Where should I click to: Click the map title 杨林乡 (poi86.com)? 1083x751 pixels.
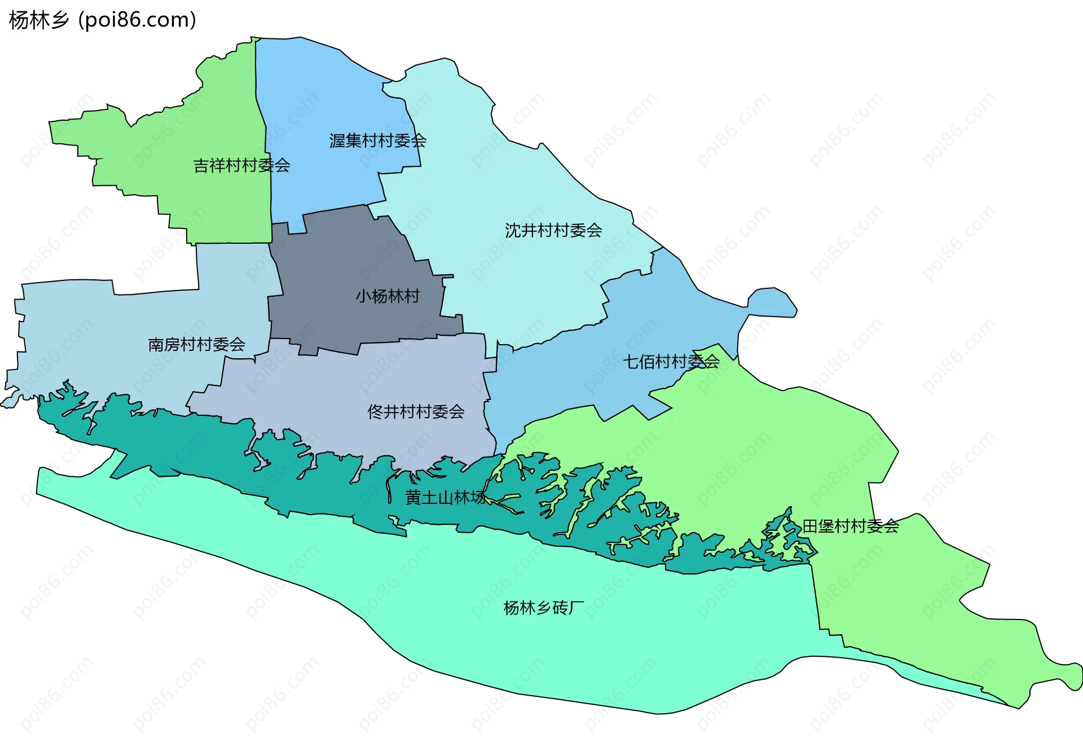pos(103,20)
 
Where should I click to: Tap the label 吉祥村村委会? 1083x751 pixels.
pos(241,165)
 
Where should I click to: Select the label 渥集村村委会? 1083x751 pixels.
pos(377,140)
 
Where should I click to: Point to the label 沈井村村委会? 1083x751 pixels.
pos(553,230)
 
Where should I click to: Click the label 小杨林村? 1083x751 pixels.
pos(388,296)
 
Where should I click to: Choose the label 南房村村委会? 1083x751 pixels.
pos(196,344)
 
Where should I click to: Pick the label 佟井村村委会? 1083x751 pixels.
pos(416,411)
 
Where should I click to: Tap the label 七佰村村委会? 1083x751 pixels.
pos(671,362)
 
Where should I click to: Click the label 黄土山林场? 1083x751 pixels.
pos(446,497)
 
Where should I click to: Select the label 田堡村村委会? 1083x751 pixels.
pos(850,526)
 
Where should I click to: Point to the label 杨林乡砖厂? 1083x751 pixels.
pos(544,608)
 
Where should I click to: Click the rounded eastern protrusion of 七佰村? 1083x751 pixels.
pos(773,302)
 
